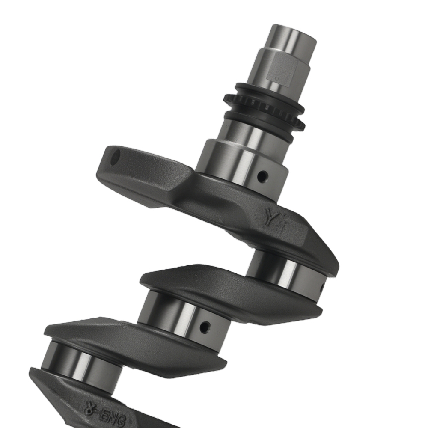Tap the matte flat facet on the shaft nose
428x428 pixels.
tap(280, 71)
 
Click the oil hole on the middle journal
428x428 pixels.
tap(207, 327)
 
